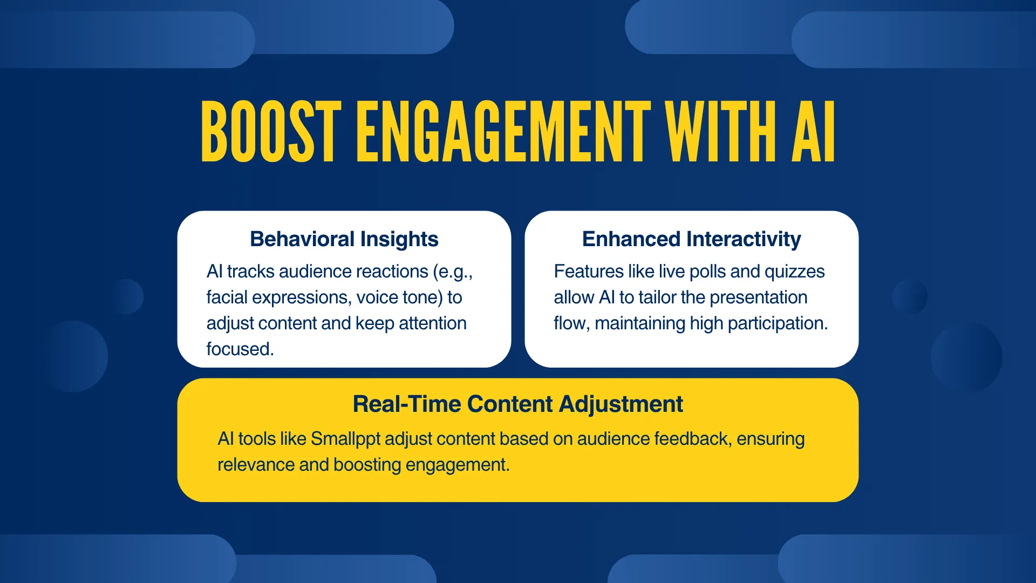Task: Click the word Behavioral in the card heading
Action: coord(302,239)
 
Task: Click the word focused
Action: coord(240,349)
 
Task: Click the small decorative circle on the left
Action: coord(126,296)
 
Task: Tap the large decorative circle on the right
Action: coord(966,357)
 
